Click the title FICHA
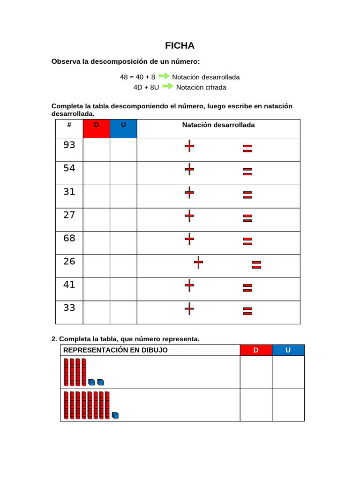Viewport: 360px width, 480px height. [180, 46]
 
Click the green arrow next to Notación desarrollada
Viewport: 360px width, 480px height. [164, 76]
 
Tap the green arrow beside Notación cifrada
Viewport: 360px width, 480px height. [168, 87]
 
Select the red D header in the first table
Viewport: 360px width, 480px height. [96, 128]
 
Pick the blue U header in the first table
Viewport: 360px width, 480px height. [123, 128]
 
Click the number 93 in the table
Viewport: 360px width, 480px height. [69, 145]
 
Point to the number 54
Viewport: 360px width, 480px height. [69, 168]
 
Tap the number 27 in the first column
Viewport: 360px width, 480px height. [69, 215]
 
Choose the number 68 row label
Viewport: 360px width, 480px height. [69, 238]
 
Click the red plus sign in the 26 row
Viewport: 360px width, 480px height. [199, 262]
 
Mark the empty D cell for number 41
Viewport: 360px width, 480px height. [96, 289]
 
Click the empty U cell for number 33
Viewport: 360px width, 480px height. [123, 312]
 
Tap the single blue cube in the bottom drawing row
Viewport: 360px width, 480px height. [115, 415]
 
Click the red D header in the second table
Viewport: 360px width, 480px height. [256, 350]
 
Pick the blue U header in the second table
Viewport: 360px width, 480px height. [288, 350]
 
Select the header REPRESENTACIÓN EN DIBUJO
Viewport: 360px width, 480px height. [115, 350]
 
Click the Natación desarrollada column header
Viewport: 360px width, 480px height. [218, 125]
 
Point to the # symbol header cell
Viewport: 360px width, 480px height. [69, 125]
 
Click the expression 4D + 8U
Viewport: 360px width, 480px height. [146, 87]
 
